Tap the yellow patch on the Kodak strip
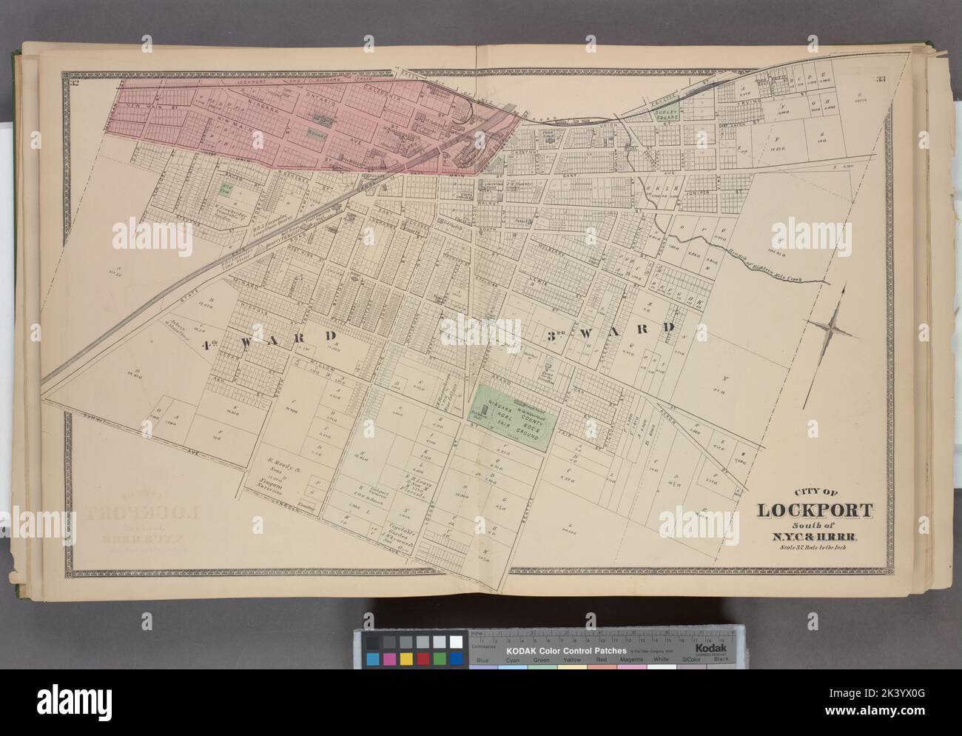(406, 659)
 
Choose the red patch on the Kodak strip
(422, 659)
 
